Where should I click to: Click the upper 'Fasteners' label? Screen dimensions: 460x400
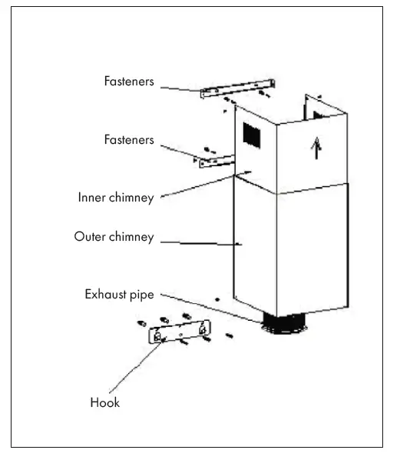[130, 80]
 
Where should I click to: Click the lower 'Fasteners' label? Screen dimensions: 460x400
[130, 140]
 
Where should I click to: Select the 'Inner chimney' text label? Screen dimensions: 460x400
[116, 197]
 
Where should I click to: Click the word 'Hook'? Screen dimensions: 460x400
[105, 402]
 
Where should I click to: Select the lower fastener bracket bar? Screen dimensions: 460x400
[217, 161]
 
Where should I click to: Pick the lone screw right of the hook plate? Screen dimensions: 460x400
[229, 335]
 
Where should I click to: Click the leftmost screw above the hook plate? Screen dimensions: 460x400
[142, 323]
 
